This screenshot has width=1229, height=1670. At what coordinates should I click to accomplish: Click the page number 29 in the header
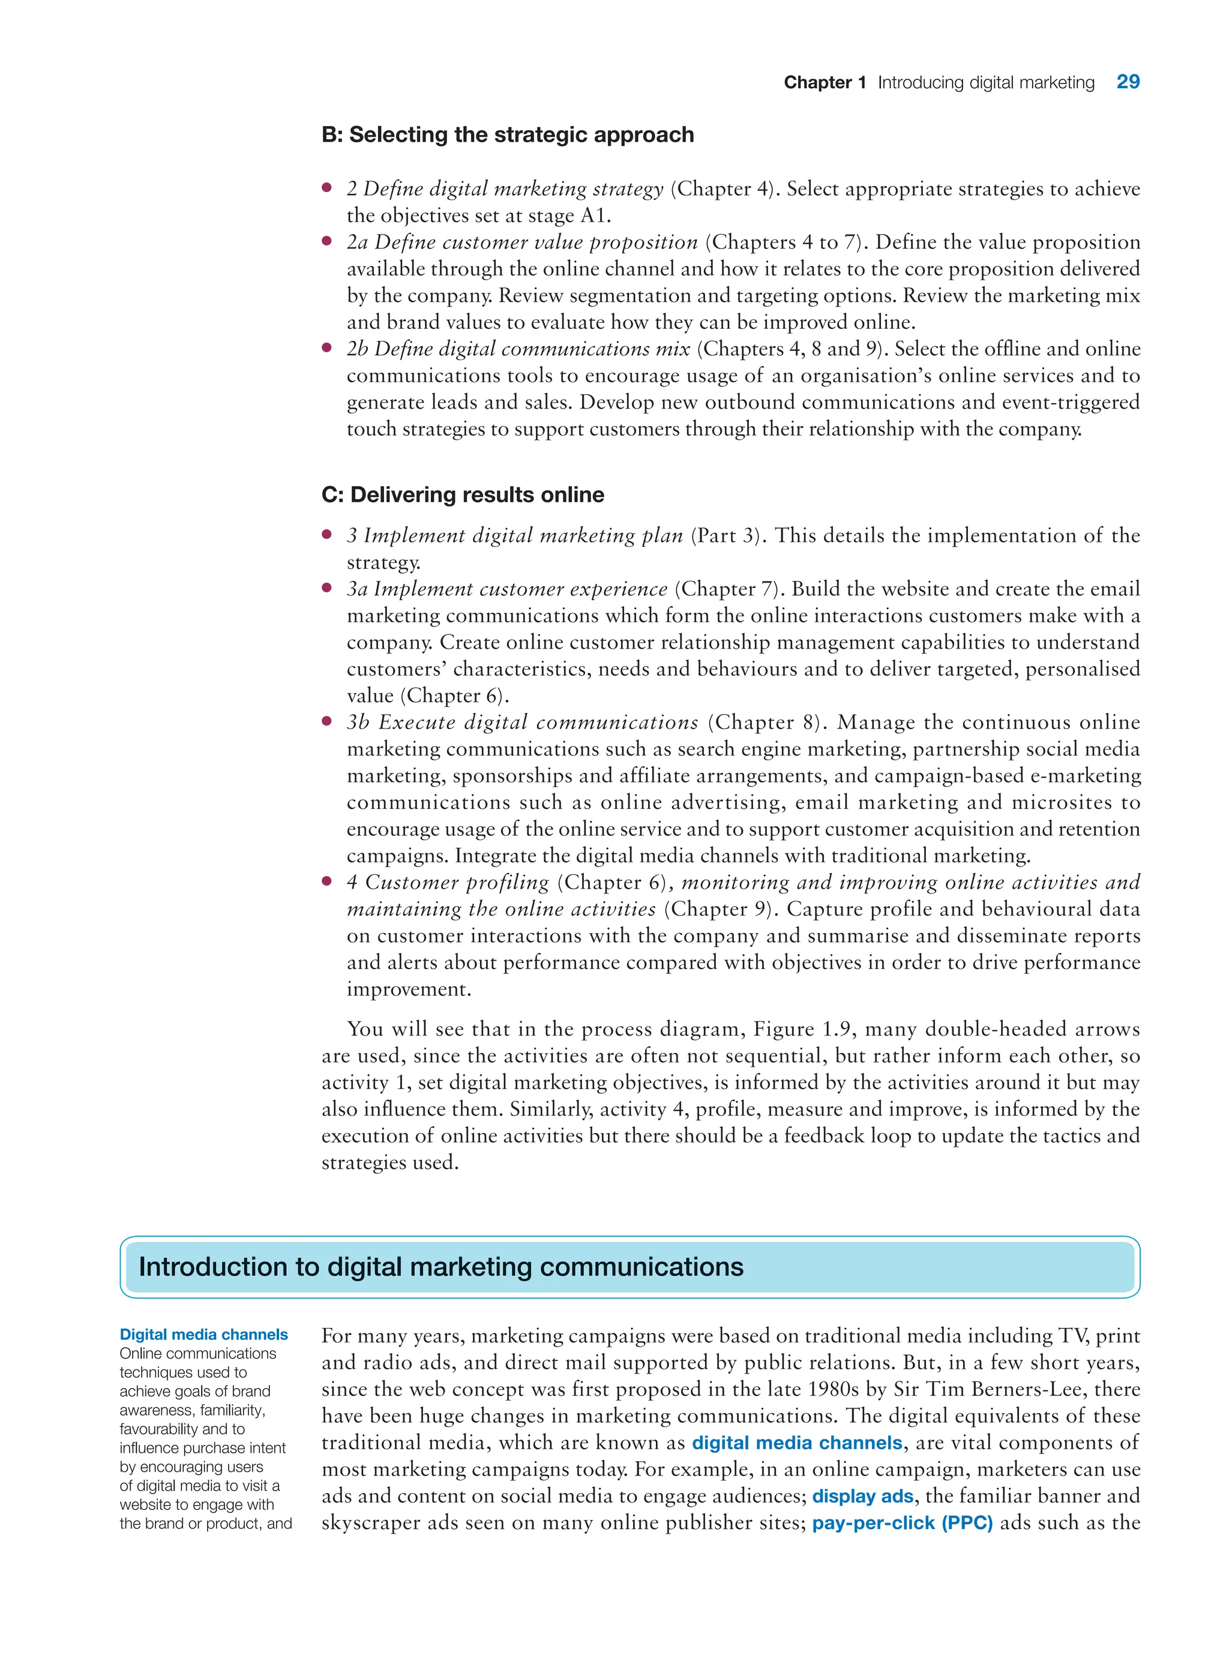(x=1127, y=82)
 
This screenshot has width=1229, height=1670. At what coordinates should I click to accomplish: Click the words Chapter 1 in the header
(x=825, y=83)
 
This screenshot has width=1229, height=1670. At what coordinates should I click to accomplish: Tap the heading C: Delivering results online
(x=462, y=494)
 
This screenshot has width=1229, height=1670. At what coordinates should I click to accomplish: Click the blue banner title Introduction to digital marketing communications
(x=440, y=1267)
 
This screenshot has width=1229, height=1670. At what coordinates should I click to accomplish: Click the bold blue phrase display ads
(x=862, y=1496)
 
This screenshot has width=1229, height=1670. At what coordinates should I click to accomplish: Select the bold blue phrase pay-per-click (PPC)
(x=902, y=1523)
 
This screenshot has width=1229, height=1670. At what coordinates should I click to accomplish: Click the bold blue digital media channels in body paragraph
(x=797, y=1443)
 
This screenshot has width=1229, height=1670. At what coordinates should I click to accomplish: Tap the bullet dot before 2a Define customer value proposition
(x=326, y=241)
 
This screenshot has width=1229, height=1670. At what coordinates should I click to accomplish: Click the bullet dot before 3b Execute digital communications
(x=326, y=721)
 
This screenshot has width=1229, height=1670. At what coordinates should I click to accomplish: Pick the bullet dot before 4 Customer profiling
(x=326, y=881)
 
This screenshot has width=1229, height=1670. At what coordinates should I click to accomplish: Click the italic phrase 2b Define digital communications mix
(x=518, y=349)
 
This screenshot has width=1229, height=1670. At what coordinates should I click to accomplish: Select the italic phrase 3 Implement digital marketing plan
(x=515, y=536)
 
